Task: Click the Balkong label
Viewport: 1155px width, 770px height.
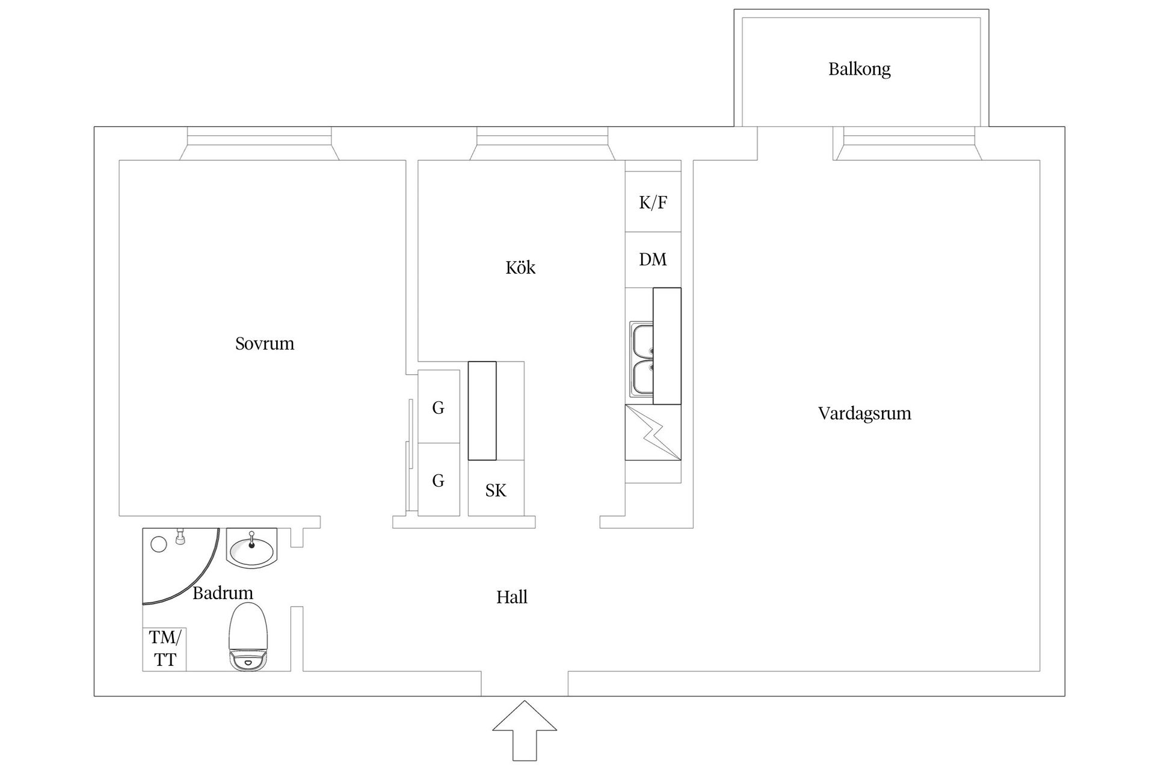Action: click(x=859, y=69)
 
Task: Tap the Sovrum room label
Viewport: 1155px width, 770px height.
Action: click(x=265, y=343)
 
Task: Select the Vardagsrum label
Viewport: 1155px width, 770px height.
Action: click(x=864, y=413)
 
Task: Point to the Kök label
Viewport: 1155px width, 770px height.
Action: click(x=520, y=267)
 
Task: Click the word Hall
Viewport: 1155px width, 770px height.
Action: click(x=512, y=597)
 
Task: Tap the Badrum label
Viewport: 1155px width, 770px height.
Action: click(x=223, y=593)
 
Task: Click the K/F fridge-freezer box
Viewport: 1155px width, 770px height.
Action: click(x=653, y=202)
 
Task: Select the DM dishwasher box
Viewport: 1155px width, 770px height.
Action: click(x=653, y=259)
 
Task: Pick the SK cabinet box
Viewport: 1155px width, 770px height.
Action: click(x=496, y=490)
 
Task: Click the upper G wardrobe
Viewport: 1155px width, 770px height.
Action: click(x=439, y=407)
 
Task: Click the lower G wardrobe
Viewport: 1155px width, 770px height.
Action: click(x=439, y=480)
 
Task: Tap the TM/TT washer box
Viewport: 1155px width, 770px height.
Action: click(x=164, y=648)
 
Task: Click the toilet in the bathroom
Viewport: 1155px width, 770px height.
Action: click(x=248, y=638)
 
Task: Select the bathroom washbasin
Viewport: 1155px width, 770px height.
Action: click(x=251, y=549)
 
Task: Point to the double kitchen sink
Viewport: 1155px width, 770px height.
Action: click(x=641, y=360)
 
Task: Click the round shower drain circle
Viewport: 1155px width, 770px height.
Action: click(x=159, y=544)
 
